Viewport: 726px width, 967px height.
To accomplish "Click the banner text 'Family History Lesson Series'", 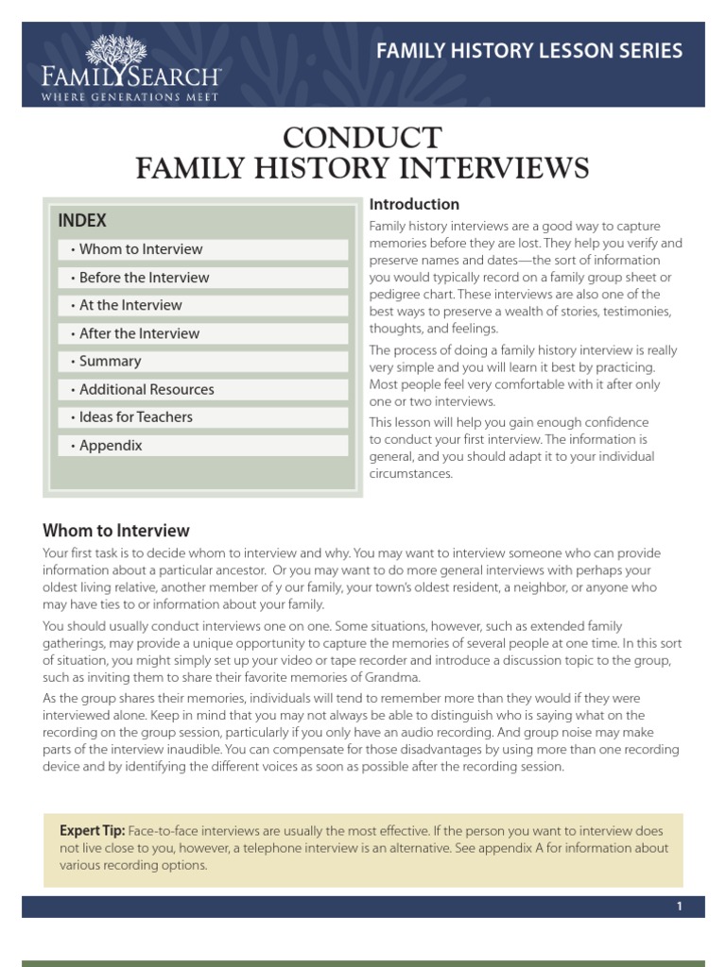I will (529, 51).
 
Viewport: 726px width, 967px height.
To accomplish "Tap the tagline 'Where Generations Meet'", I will (130, 97).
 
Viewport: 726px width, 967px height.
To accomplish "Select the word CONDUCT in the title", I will (362, 138).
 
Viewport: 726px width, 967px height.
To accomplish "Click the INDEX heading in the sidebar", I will (82, 221).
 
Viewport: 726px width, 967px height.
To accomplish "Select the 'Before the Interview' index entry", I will (144, 278).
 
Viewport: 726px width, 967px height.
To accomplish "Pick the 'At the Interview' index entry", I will (130, 305).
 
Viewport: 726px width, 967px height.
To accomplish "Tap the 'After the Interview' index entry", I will (139, 333).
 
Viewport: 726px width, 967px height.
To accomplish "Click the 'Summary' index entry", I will (110, 361).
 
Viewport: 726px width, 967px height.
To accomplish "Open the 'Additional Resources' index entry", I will (147, 389).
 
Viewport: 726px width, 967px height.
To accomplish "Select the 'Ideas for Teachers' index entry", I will (135, 416).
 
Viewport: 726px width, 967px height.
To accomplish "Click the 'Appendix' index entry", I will (111, 445).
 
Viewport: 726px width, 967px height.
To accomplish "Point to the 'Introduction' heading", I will (414, 204).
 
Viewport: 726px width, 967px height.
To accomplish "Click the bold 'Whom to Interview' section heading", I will (116, 531).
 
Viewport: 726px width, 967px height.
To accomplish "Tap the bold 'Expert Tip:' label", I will (92, 830).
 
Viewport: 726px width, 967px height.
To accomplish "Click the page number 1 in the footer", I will (679, 907).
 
